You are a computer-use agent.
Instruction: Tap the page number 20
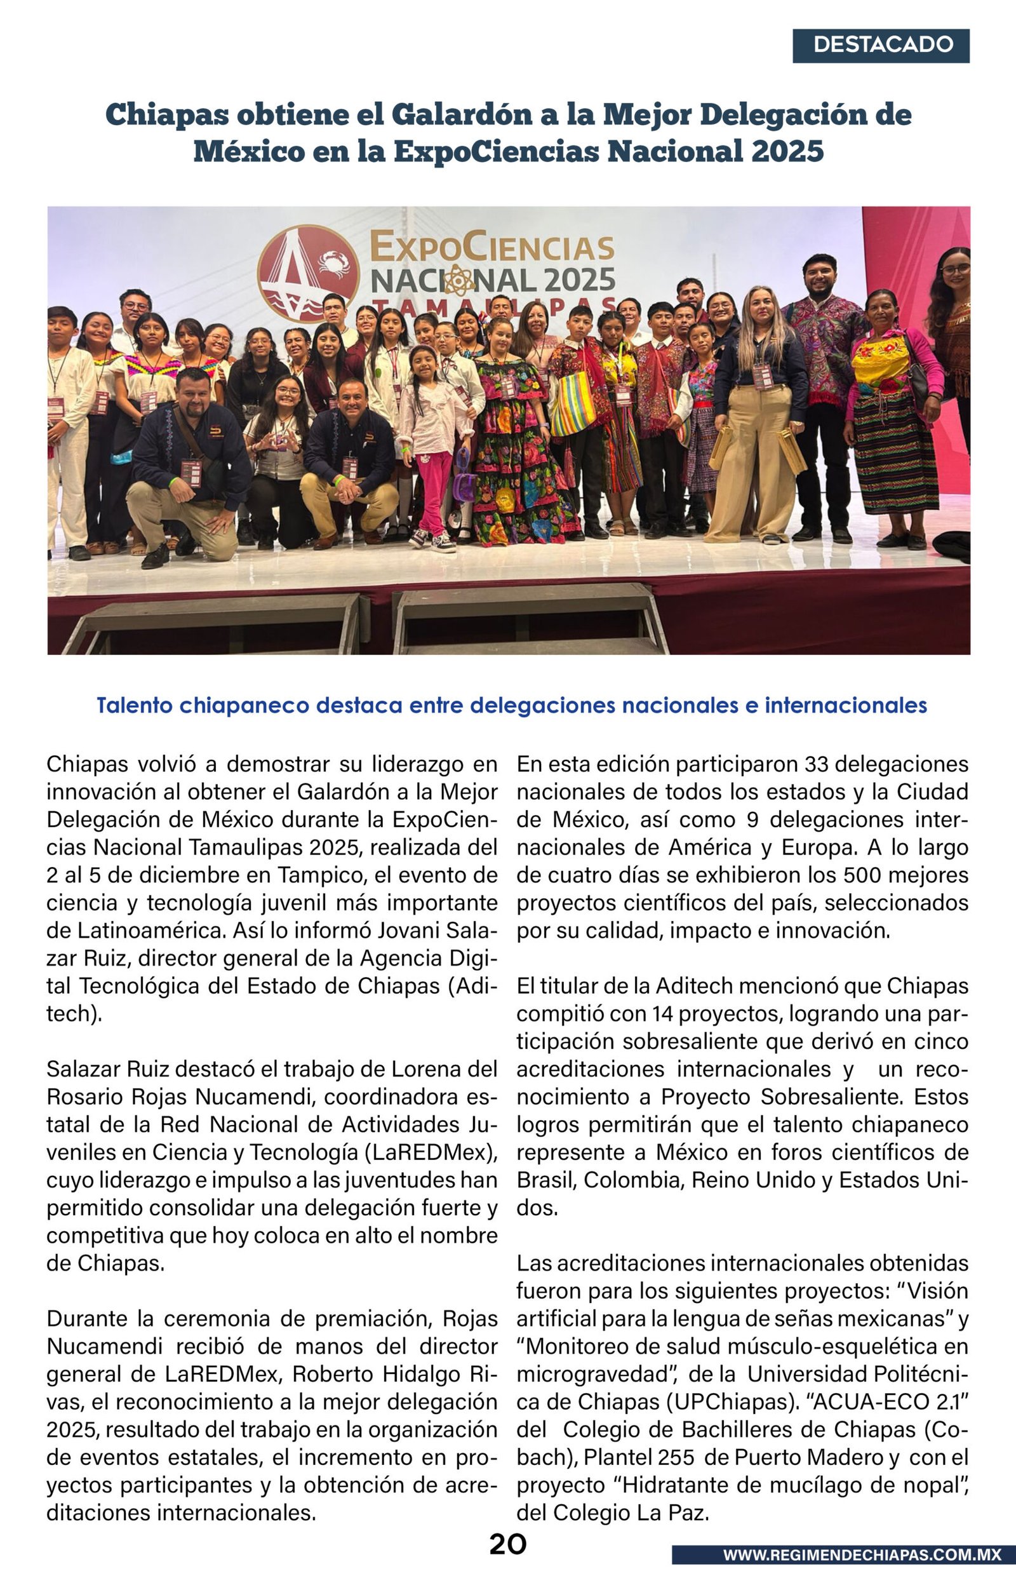[507, 1544]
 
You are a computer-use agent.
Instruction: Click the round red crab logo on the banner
[307, 273]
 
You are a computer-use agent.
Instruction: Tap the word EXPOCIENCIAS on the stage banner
[491, 248]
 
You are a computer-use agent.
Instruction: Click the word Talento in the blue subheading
[135, 705]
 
